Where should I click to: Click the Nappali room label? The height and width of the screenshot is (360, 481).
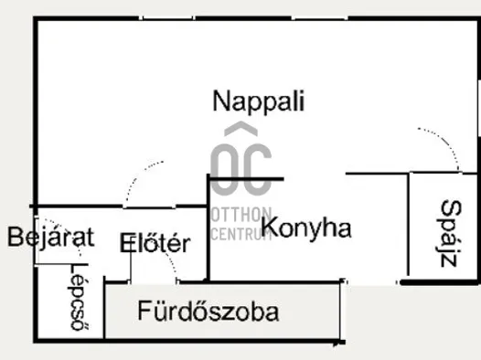tap(258, 101)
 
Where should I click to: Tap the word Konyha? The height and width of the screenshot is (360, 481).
tap(306, 228)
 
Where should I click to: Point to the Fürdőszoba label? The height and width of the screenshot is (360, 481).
tap(208, 312)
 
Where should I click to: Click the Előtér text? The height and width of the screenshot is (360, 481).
tap(155, 244)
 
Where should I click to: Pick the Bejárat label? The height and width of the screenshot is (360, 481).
tap(51, 238)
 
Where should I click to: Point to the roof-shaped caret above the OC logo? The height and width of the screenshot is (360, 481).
tap(240, 130)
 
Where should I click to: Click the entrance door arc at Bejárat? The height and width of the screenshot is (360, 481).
tap(50, 259)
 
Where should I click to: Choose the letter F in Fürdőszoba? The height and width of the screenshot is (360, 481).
tap(144, 312)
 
